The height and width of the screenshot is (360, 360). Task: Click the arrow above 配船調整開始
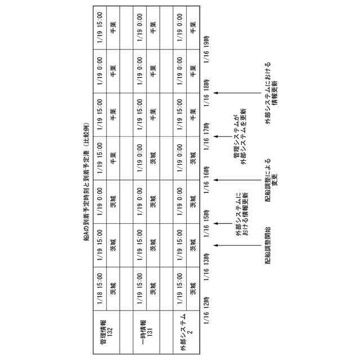coord(236,244)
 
